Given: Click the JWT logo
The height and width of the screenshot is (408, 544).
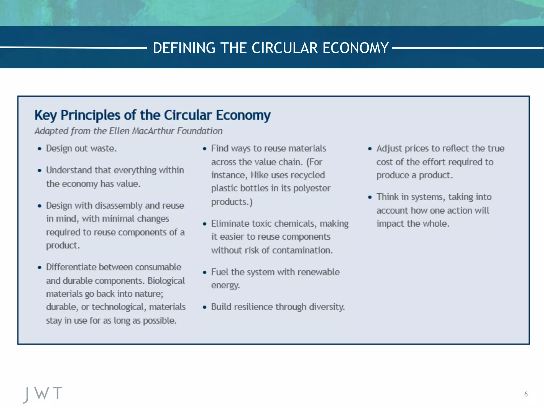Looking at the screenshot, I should [43, 394].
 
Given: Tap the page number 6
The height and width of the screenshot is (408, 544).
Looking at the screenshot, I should [526, 394].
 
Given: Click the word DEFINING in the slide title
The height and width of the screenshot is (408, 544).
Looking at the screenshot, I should [184, 48].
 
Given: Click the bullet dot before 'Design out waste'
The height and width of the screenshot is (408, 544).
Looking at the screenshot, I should [40, 149].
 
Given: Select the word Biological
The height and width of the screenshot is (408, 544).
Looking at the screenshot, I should [166, 281].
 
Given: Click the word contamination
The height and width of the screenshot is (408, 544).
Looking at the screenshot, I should [302, 250].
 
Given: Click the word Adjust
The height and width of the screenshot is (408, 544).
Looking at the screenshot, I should [389, 149].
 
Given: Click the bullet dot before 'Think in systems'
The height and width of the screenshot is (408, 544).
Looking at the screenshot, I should [370, 197].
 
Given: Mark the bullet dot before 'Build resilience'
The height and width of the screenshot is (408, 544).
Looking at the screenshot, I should [205, 307].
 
